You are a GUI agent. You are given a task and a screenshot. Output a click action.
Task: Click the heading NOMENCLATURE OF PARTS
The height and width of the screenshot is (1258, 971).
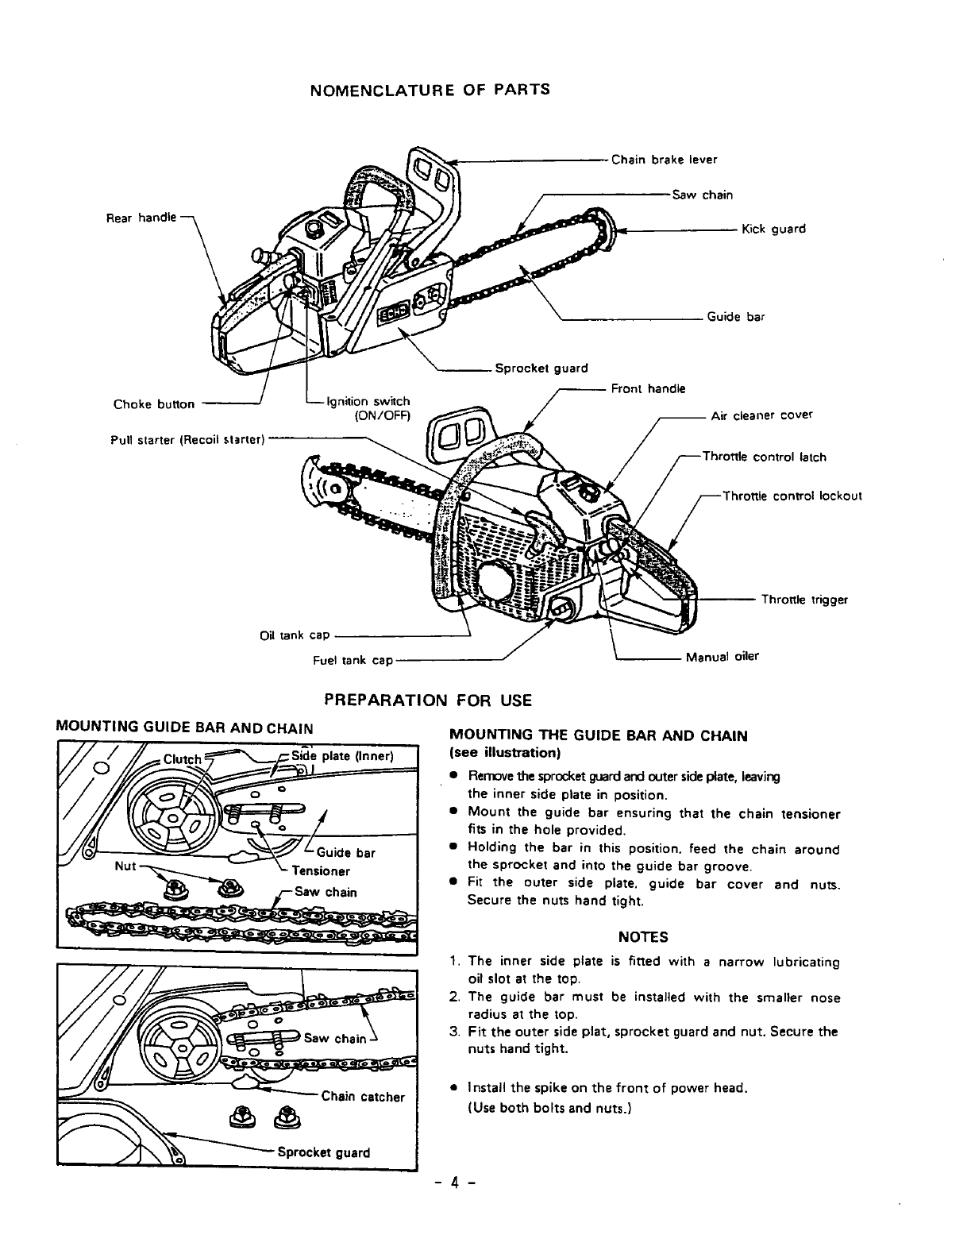tap(429, 89)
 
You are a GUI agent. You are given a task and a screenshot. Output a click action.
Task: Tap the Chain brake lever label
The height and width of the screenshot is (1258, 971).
tap(664, 160)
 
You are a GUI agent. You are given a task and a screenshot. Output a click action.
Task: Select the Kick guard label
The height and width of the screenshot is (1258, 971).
tap(773, 229)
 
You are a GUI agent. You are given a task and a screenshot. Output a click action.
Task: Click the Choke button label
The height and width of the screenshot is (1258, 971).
tap(154, 403)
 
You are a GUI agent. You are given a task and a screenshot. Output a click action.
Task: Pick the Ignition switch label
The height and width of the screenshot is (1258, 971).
tap(368, 402)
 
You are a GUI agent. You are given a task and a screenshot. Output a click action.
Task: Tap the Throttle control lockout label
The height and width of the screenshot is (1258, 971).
tap(792, 496)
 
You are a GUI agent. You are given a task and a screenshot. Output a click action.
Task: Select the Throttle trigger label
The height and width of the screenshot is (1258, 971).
tap(804, 600)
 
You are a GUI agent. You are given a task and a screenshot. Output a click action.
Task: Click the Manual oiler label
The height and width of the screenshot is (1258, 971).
tap(722, 657)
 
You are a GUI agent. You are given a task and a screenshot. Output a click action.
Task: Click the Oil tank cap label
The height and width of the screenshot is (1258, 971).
tap(295, 635)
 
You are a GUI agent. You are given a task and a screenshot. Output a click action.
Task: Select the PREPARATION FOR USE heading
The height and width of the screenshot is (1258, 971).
tap(428, 700)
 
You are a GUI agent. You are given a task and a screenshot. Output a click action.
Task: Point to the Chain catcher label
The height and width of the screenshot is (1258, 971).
tap(363, 1097)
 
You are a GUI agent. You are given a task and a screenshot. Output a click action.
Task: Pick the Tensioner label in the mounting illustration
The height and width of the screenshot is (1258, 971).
tap(321, 870)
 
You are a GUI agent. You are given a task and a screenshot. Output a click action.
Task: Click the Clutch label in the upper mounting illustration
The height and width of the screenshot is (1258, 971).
tap(183, 758)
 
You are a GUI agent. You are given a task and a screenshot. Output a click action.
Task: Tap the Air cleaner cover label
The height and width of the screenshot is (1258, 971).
tap(761, 415)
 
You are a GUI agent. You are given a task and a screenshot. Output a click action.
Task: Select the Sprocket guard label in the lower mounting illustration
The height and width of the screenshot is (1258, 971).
tap(323, 1152)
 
